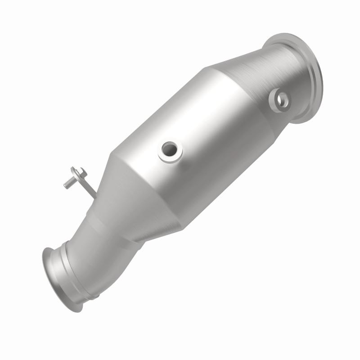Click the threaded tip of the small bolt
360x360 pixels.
click(67, 184)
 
